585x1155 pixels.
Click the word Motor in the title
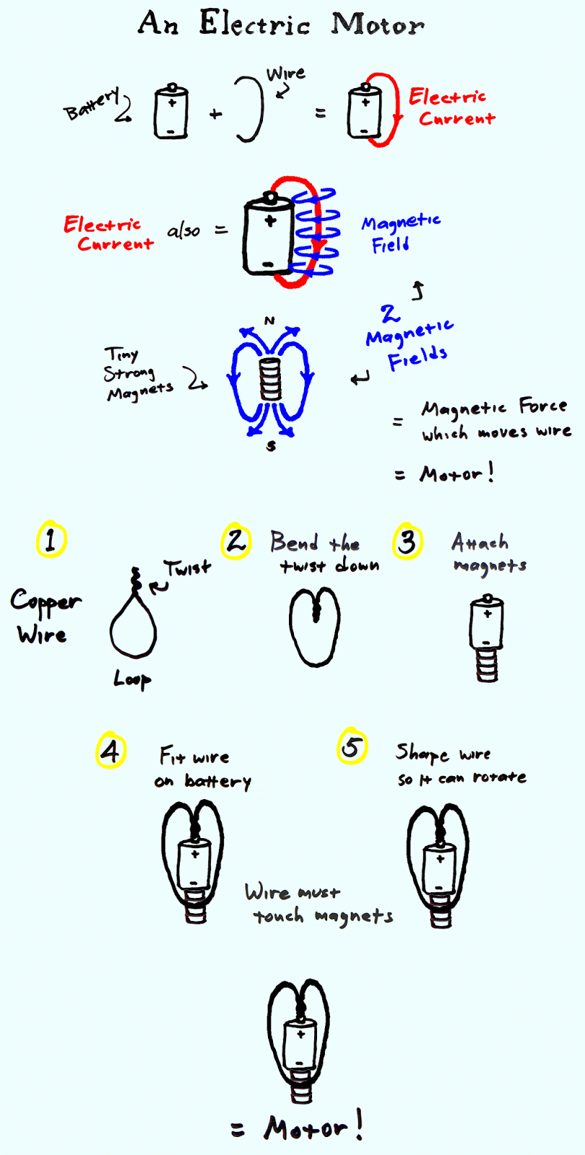click(x=378, y=25)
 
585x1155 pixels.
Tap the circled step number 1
click(x=51, y=539)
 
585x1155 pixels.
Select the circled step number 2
click(x=235, y=541)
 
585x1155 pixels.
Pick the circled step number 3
click(x=407, y=541)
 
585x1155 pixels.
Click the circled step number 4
click(x=111, y=750)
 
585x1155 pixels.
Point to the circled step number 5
click(x=352, y=746)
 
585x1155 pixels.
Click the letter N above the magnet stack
click(x=269, y=321)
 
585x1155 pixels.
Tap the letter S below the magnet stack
click(x=271, y=446)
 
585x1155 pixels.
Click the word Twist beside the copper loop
click(x=188, y=567)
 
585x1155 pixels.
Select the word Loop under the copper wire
click(x=132, y=679)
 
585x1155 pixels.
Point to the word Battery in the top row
click(x=91, y=103)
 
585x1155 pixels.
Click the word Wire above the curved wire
click(x=285, y=73)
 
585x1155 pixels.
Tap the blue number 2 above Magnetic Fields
click(x=389, y=313)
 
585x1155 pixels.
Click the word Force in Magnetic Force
click(x=542, y=406)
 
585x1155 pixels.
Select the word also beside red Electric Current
click(x=183, y=230)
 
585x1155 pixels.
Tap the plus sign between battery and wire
click(x=216, y=114)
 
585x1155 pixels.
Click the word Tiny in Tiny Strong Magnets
click(x=121, y=354)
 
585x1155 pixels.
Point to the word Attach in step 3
click(x=480, y=542)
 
